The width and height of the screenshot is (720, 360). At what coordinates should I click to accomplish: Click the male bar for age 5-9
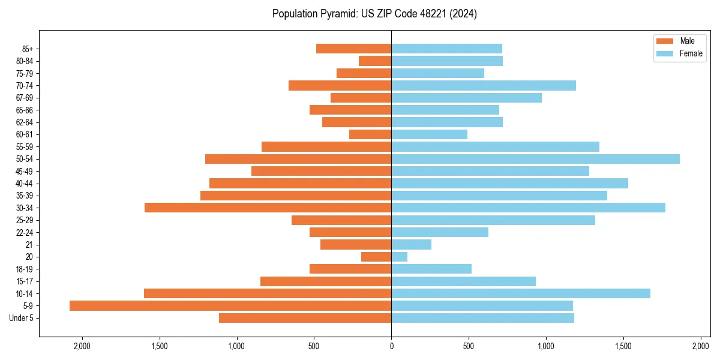tap(230, 305)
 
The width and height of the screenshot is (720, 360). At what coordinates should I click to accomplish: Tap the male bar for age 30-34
tap(268, 208)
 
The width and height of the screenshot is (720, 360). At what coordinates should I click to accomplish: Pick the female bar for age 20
tap(400, 257)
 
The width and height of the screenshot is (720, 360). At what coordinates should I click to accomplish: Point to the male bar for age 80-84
tap(375, 61)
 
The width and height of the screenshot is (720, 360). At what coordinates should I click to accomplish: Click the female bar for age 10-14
tap(521, 293)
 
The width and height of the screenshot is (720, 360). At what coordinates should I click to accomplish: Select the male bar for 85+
tap(354, 49)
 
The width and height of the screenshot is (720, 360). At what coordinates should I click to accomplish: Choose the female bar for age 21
tap(412, 244)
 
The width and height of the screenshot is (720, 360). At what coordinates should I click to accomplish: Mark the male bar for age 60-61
tap(370, 134)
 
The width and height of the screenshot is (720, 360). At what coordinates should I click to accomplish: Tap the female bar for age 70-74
tap(484, 85)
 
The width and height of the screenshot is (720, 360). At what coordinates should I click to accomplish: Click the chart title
tap(374, 14)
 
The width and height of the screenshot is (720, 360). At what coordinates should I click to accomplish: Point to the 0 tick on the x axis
tap(391, 346)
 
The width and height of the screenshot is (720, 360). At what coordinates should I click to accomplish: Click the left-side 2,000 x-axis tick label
tap(82, 346)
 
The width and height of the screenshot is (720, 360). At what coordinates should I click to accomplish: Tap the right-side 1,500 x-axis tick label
tap(623, 346)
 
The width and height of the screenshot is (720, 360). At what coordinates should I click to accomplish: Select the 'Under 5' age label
tap(21, 318)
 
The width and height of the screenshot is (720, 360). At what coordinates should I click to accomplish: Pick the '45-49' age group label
tap(25, 171)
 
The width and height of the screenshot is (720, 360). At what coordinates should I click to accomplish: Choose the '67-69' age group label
tap(25, 98)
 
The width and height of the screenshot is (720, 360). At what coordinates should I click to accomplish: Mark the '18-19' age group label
tap(25, 269)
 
